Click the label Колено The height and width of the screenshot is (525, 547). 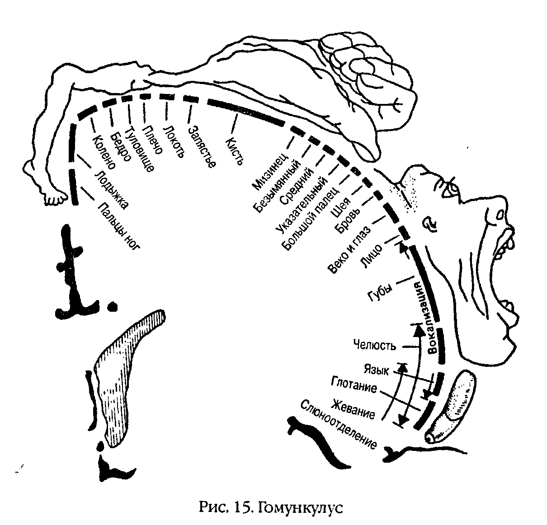104,151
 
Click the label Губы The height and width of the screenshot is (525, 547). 379,292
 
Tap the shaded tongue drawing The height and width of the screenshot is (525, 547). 457,403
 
